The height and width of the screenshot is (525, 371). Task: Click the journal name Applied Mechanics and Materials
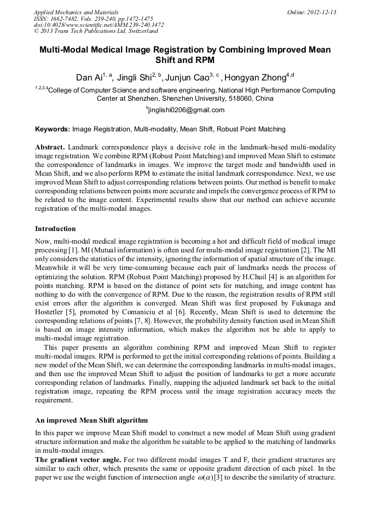pyautogui.click(x=76, y=11)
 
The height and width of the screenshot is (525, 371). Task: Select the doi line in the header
pyautogui.click(x=98, y=25)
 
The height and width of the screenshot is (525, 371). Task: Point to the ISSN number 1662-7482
pyautogui.click(x=65, y=18)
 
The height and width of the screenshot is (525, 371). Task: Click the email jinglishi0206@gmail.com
pyautogui.click(x=186, y=110)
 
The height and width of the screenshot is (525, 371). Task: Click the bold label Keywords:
pyautogui.click(x=53, y=130)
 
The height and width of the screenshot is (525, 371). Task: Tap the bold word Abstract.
pyautogui.click(x=50, y=148)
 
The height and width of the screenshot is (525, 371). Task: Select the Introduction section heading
pyautogui.click(x=55, y=228)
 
